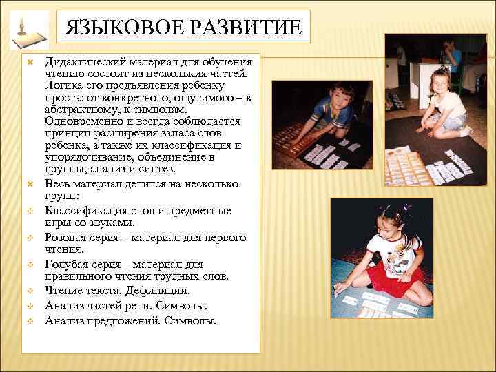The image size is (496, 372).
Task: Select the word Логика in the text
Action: [63, 85]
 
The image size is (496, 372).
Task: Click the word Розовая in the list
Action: [66, 238]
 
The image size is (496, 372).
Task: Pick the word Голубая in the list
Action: [68, 265]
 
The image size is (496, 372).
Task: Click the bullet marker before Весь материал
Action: [29, 184]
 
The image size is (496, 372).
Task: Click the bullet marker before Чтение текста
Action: [29, 292]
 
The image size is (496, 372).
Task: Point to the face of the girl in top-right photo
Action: [439, 82]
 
